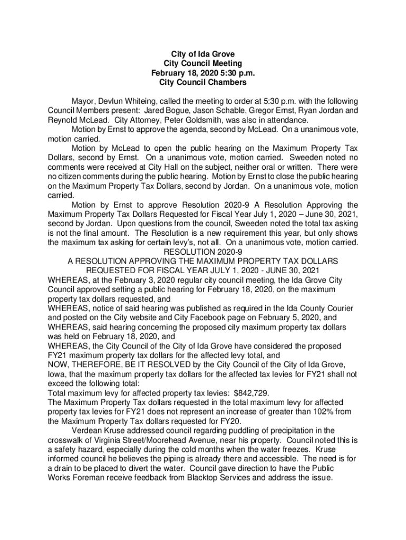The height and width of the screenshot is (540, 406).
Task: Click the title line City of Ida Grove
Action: point(203,54)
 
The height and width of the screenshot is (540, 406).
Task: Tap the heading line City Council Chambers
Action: point(203,83)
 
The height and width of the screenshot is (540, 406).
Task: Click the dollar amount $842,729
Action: point(252,393)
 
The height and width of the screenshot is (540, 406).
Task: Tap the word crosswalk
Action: point(66,440)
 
